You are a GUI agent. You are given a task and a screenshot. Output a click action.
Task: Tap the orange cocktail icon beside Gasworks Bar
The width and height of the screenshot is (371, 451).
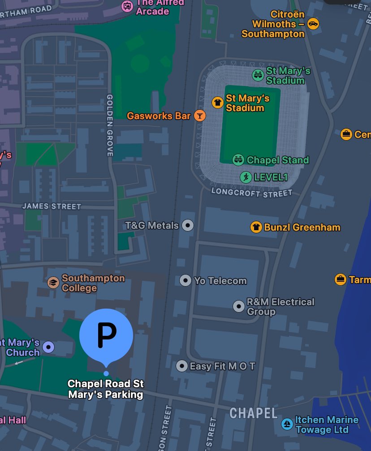(199, 116)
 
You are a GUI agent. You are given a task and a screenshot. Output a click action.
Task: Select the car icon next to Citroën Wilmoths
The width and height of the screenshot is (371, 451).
(313, 24)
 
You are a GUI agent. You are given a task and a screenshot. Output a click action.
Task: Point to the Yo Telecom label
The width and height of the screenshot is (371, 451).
(220, 281)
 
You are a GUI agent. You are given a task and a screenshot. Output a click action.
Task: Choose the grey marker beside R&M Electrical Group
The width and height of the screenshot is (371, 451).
(239, 306)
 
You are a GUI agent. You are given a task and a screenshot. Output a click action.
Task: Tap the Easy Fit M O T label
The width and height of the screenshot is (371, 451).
(222, 366)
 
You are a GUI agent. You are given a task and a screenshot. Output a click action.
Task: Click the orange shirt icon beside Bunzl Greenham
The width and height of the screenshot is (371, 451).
(256, 227)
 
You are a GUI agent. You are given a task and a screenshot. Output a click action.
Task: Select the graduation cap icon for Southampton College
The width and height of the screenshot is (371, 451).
(53, 283)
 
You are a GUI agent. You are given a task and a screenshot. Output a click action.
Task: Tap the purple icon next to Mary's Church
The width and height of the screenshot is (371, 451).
(48, 347)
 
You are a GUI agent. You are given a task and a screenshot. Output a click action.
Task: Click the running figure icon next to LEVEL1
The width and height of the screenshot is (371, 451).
(246, 177)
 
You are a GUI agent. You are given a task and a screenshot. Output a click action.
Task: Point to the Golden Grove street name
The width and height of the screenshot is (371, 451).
(109, 125)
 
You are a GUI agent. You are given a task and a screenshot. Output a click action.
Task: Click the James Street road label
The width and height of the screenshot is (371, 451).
(52, 206)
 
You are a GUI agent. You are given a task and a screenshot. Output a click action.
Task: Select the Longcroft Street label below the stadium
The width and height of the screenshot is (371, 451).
(251, 192)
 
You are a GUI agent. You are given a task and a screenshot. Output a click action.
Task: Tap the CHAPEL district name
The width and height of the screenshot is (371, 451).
(254, 413)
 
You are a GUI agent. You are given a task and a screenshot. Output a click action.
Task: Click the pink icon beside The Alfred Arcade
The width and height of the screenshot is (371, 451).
(128, 6)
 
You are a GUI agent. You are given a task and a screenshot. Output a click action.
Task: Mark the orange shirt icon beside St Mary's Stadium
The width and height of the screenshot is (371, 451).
(218, 102)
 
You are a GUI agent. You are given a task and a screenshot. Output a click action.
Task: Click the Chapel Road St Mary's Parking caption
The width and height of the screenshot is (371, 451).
(106, 389)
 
